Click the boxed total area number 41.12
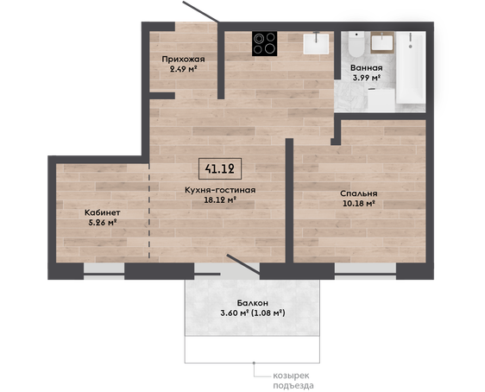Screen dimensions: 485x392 pos(219,168)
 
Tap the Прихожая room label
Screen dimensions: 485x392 pos(184,59)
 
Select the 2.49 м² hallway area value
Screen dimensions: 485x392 pos(184,69)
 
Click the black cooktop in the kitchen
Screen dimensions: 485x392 pos(264,44)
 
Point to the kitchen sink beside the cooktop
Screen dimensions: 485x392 pos(316,44)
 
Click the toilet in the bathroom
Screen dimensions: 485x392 pos(356,45)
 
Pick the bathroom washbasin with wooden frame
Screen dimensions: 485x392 pos(382,42)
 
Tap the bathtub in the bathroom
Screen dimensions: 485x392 pos(410,68)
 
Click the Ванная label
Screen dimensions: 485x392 pos(367,67)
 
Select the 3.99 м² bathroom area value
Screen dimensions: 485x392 pos(367,78)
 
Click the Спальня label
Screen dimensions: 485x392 pos(359,193)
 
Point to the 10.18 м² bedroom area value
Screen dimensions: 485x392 pos(359,203)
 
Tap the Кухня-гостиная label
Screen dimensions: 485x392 pos(220,190)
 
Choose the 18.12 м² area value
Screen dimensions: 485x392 pos(220,199)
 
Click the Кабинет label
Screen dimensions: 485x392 pos(103,212)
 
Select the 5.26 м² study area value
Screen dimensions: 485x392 pos(103,222)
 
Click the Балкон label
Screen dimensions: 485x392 pos(253,303)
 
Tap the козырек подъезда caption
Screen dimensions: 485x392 pos(293,381)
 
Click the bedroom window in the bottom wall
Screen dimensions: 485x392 pos(365,271)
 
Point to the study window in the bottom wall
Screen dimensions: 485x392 pos(104,271)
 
